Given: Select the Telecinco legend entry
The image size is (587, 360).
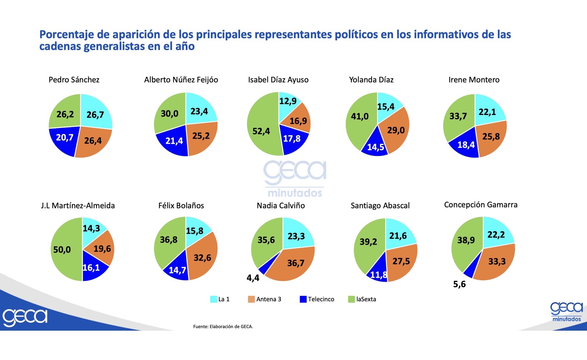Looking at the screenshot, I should pyautogui.click(x=317, y=299).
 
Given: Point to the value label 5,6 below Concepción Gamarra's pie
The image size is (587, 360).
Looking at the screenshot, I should pyautogui.click(x=459, y=284).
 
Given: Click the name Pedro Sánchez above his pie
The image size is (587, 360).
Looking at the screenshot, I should pyautogui.click(x=74, y=80).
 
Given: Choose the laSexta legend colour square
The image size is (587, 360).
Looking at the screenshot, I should pyautogui.click(x=351, y=299).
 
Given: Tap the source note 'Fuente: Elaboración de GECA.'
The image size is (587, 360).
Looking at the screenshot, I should pyautogui.click(x=223, y=326).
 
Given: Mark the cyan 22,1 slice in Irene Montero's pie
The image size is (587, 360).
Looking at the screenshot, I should pyautogui.click(x=488, y=111).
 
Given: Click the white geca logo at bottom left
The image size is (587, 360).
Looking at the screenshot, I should pyautogui.click(x=25, y=317).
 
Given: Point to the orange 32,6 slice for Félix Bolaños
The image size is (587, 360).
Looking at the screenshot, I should pyautogui.click(x=203, y=258).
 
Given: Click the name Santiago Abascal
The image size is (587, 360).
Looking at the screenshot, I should pyautogui.click(x=380, y=206).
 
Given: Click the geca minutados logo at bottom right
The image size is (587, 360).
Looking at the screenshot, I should pyautogui.click(x=566, y=312).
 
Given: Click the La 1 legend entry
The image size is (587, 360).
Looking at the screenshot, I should pyautogui.click(x=220, y=299).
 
